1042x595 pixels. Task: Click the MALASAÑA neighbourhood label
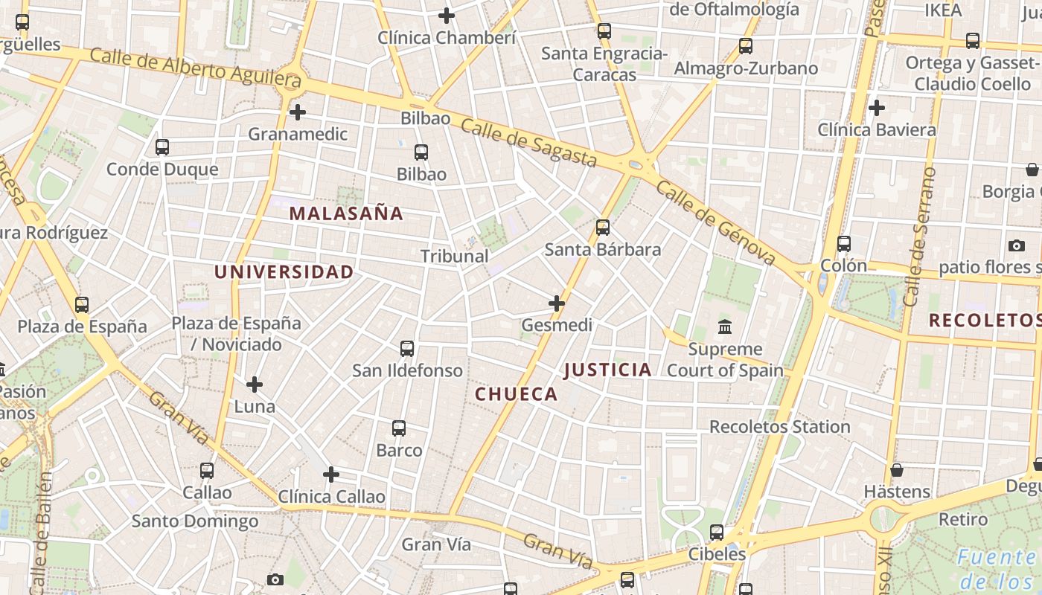[x=346, y=213]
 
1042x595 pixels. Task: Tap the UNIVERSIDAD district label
[x=284, y=272]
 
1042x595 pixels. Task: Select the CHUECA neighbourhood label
[x=517, y=394]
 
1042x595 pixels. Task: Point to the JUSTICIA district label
[x=607, y=370]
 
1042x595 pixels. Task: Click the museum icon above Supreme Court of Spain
[x=724, y=327]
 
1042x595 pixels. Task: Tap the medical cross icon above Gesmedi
[x=557, y=303]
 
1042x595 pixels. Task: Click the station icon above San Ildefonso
[x=407, y=348]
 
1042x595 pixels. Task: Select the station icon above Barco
[x=399, y=428]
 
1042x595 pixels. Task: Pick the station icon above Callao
[x=207, y=471]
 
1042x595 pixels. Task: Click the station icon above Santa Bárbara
[x=603, y=228]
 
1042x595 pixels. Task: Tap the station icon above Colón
[x=843, y=244]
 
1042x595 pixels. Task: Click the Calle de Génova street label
[x=716, y=222]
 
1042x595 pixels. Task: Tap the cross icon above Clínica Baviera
[x=877, y=108]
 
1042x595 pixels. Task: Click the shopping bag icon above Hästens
[x=897, y=470]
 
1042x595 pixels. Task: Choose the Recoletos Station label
[x=779, y=427]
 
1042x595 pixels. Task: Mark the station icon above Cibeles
[x=717, y=533]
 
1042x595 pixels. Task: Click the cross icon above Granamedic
[x=298, y=112]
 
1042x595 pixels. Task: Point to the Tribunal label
[x=454, y=256]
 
